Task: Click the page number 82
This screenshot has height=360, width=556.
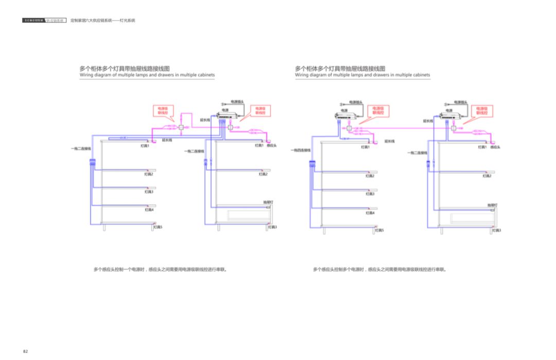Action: (x=25, y=351)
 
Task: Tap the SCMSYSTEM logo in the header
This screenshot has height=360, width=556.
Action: (x=34, y=21)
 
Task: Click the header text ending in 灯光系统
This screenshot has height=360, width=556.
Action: (x=102, y=21)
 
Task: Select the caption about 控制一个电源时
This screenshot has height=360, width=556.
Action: (x=160, y=269)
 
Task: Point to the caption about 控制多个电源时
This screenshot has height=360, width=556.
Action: (x=380, y=269)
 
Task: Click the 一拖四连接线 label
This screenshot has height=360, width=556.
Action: (x=301, y=150)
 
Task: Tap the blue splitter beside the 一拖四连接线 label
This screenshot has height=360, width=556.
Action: (x=312, y=165)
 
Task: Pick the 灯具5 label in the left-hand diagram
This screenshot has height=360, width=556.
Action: (x=157, y=227)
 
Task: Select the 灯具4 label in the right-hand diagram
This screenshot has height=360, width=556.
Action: (x=370, y=213)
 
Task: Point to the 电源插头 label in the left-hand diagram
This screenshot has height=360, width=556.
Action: (x=237, y=101)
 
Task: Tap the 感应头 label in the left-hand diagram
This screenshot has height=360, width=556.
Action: (x=272, y=146)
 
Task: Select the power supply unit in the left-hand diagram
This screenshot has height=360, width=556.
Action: (x=227, y=117)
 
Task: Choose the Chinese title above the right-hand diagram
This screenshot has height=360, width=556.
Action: (x=340, y=68)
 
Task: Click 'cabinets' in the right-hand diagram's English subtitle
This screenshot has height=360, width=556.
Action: (x=419, y=75)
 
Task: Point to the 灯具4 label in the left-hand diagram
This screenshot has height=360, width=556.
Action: (x=149, y=210)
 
